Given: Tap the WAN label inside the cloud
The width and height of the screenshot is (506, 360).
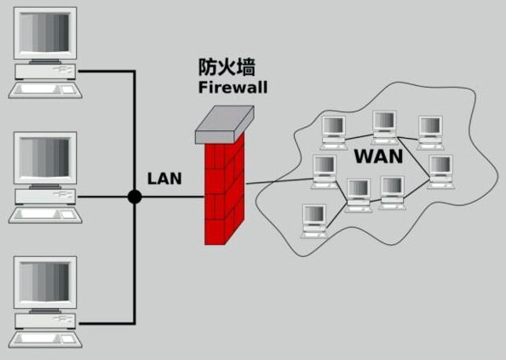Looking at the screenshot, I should coord(378,157).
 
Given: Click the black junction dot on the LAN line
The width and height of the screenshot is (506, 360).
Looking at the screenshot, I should coord(134,197).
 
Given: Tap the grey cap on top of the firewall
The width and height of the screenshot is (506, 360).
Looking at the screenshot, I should coord(225,125).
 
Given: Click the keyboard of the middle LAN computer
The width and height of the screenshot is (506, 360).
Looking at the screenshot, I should coord(44,214).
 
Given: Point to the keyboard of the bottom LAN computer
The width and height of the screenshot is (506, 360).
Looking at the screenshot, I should coord(44,340).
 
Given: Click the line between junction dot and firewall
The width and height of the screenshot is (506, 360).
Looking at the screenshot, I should coord(170,197).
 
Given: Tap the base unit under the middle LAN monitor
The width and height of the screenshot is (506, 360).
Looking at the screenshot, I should coord(46,197).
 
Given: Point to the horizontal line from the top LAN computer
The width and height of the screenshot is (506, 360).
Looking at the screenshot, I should coord(106,71).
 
